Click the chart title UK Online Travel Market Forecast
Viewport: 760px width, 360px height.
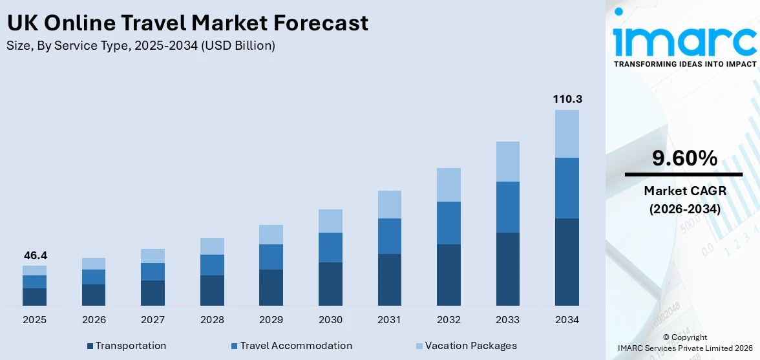tap(187, 23)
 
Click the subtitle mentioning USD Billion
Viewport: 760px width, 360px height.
tap(141, 46)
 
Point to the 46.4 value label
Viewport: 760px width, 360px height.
tap(36, 256)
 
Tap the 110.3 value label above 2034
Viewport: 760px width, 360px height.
tap(567, 100)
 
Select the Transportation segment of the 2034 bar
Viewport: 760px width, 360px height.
tap(567, 262)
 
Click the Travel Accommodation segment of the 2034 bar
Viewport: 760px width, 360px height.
tap(567, 188)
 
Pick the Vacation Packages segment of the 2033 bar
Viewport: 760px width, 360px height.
tap(507, 162)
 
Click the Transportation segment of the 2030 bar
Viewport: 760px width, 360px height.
tap(330, 284)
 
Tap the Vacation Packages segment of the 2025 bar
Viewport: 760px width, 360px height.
tap(35, 270)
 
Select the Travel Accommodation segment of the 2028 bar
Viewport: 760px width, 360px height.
tap(212, 265)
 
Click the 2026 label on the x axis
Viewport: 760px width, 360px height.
tap(94, 320)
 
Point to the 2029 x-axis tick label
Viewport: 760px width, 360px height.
tap(271, 320)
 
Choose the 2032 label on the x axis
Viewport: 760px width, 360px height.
tap(449, 320)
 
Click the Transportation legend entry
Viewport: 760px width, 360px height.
tap(130, 346)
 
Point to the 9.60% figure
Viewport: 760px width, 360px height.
tap(684, 158)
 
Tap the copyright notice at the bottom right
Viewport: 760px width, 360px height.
tap(684, 343)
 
